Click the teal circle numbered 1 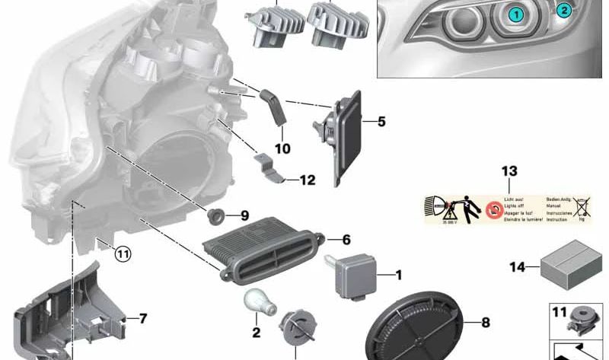[x=516, y=14]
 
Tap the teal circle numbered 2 [x=563, y=10]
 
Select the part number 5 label [x=381, y=121]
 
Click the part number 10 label [x=282, y=148]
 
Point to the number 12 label [x=307, y=180]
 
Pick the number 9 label [x=244, y=215]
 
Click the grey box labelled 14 [x=571, y=265]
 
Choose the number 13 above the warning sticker [x=509, y=170]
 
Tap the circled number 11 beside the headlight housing [x=123, y=254]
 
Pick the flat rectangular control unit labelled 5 [x=347, y=141]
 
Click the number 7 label [x=142, y=318]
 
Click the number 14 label [x=517, y=266]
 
